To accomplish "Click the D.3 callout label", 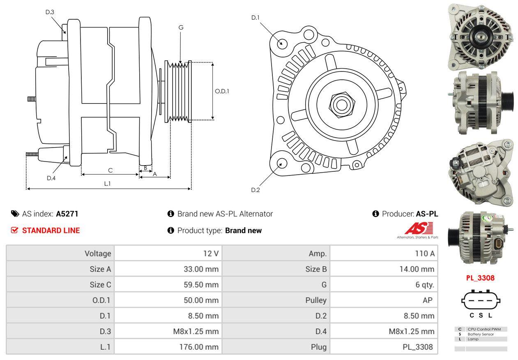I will (50, 12).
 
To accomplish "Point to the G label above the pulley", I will (181, 28).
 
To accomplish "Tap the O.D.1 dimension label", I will (222, 91).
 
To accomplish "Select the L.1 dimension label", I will (107, 184).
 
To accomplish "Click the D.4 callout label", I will (51, 178).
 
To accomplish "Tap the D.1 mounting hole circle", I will (282, 43).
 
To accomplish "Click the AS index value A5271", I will (67, 214).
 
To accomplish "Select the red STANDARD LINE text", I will (51, 231).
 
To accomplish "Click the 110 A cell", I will (425, 254).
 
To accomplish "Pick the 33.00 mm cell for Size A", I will (201, 269).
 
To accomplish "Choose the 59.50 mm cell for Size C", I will (201, 284).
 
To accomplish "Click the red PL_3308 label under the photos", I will (480, 278).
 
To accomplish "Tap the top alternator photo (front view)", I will (479, 36).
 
